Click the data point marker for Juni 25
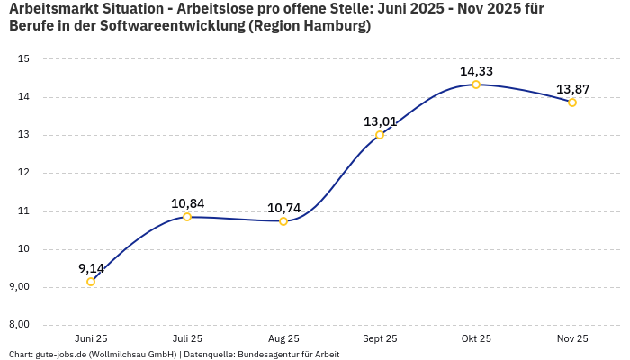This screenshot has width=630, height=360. point(91,282)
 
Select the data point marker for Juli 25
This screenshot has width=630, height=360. point(187,217)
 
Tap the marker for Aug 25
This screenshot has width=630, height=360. point(283,220)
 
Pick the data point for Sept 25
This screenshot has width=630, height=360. point(380,135)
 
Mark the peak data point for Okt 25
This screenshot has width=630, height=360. point(476,85)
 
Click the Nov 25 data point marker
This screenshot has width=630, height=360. point(572,103)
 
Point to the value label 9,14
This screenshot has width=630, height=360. point(91,268)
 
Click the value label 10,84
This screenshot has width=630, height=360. point(187,203)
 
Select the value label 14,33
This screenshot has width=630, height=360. point(476,71)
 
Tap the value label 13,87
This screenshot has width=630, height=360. point(572,89)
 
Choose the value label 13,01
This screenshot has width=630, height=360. point(380,121)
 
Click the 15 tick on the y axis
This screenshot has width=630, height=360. point(24,59)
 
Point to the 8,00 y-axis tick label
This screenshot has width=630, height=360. point(19,325)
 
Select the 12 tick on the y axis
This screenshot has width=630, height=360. point(24,173)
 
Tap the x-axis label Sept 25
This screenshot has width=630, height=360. point(380,338)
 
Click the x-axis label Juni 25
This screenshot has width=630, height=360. point(91,338)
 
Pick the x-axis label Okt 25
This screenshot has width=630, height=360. point(476,338)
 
